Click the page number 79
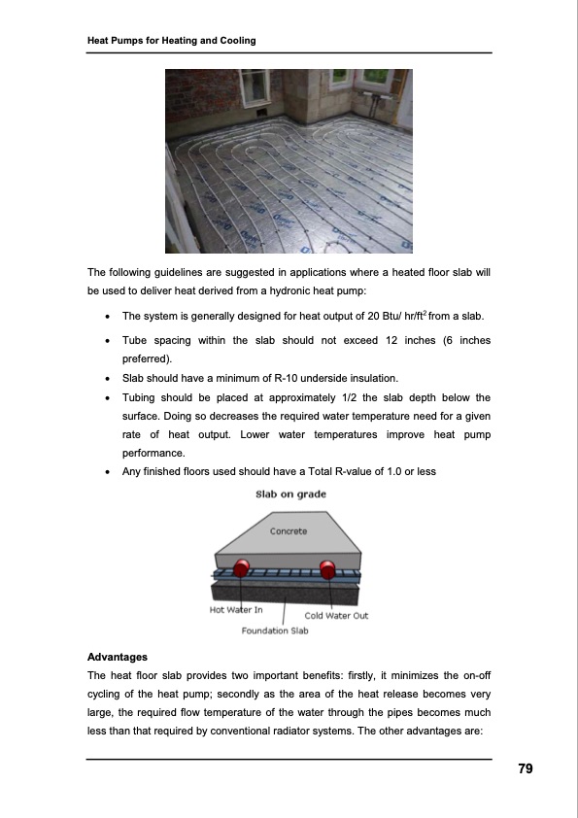click(525, 769)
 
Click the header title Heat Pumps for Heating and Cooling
click(171, 41)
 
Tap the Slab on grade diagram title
click(290, 494)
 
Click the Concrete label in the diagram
click(289, 531)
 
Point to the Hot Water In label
click(236, 609)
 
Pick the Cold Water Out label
click(336, 615)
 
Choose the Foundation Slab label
click(275, 631)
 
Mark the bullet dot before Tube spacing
click(103, 341)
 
